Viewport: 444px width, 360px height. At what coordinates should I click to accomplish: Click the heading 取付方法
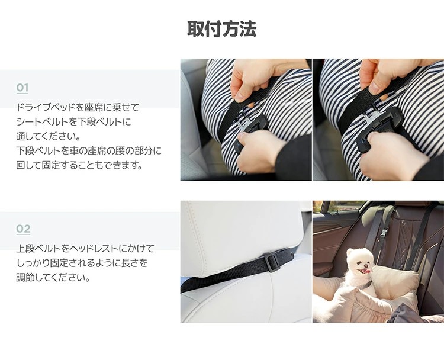tap(222, 28)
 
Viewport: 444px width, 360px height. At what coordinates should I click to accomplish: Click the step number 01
tap(22, 88)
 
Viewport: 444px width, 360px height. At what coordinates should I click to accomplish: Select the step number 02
tap(23, 229)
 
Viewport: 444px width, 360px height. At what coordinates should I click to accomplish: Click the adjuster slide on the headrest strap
tap(272, 263)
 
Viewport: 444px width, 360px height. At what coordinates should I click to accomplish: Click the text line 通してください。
tap(49, 136)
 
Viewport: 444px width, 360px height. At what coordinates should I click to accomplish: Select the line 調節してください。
tap(53, 277)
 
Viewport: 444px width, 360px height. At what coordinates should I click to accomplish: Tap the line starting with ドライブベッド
tap(78, 107)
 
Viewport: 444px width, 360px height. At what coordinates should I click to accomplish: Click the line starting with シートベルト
tap(73, 122)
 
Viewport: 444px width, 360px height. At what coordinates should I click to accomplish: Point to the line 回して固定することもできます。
tap(79, 165)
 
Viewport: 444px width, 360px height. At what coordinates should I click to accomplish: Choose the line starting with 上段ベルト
tap(85, 249)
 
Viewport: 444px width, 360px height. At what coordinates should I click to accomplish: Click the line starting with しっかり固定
tap(82, 263)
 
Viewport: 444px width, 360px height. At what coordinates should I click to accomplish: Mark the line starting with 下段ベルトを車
tap(89, 150)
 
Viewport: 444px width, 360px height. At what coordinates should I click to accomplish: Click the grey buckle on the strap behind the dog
tap(384, 233)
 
